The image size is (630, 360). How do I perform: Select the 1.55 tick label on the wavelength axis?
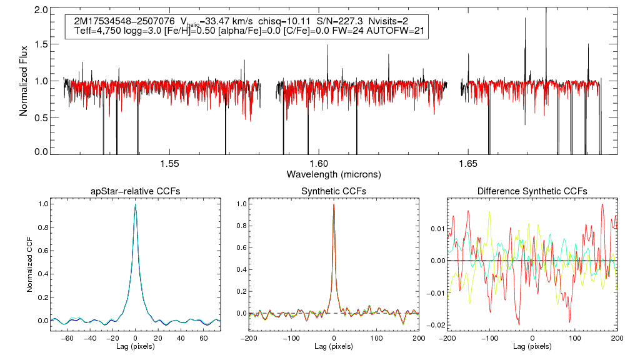pos(170,164)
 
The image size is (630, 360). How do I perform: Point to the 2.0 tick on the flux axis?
pos(41,11)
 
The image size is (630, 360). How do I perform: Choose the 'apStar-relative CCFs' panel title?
pos(135,191)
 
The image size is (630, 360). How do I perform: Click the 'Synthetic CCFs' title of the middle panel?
pos(334,191)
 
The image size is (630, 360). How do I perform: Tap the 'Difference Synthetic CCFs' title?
pos(532,191)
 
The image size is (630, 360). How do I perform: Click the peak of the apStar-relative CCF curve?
pos(135,204)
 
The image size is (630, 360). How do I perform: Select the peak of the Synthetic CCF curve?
pos(334,204)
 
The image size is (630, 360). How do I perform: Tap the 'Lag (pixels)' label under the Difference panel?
pos(532,346)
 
